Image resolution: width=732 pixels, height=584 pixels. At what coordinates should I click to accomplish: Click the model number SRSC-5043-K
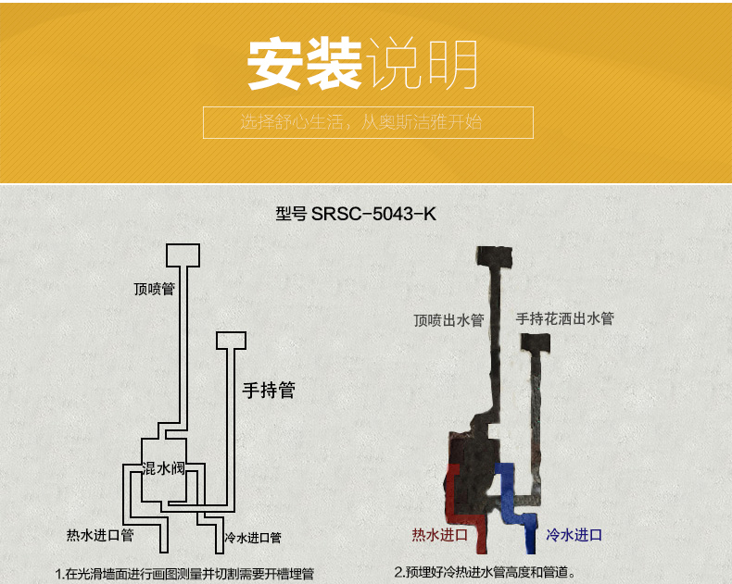373,214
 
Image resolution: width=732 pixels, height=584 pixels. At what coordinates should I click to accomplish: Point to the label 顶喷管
154,289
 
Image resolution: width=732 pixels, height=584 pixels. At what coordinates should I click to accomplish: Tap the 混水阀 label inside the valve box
163,469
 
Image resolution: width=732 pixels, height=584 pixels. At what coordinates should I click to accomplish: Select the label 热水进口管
100,535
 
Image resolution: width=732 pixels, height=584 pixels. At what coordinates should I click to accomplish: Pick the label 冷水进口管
252,538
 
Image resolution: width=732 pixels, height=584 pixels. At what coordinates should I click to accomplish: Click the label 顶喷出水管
448,321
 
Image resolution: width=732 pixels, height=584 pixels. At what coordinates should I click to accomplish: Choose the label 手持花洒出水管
564,318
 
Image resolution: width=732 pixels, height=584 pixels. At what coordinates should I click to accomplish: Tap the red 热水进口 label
439,535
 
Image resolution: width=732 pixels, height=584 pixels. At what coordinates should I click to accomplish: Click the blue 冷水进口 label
574,535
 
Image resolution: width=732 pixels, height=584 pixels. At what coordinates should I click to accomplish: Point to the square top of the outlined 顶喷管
183,255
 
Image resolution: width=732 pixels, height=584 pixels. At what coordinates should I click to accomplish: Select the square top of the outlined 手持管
232,341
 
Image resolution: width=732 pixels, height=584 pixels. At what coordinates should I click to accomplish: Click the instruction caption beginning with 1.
190,573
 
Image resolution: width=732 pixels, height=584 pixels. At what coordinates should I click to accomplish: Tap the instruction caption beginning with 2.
485,572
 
